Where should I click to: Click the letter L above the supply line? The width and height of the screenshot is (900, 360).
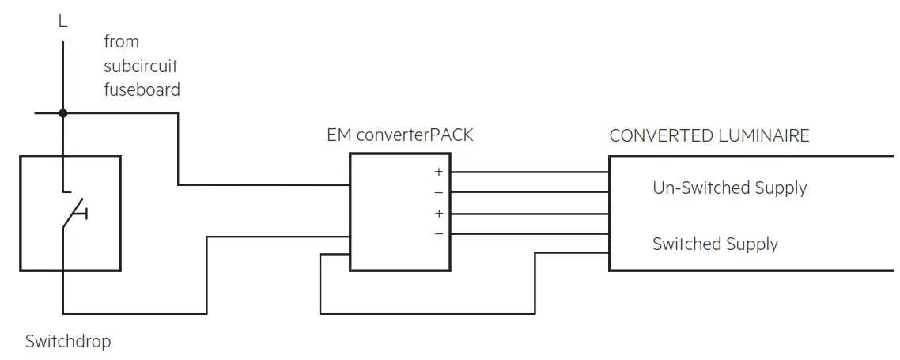click(x=63, y=22)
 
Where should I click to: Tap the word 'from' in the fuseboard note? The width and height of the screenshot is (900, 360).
click(x=121, y=42)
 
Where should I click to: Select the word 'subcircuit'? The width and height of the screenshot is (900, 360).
click(x=141, y=66)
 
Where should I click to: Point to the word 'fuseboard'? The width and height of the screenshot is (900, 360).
click(x=142, y=89)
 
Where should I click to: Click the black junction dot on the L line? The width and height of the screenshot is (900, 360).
click(x=63, y=113)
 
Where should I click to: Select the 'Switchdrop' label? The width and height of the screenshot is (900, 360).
click(x=68, y=342)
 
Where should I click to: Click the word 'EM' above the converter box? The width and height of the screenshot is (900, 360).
click(x=338, y=135)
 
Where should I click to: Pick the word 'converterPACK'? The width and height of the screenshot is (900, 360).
click(x=414, y=135)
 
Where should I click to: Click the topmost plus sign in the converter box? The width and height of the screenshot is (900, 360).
click(x=438, y=172)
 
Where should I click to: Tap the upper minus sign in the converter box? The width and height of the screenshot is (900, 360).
click(x=438, y=192)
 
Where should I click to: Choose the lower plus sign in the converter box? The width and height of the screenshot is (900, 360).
click(x=438, y=214)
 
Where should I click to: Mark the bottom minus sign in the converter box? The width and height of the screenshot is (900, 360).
click(x=438, y=234)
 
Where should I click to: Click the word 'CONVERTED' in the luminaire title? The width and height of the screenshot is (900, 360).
click(x=660, y=135)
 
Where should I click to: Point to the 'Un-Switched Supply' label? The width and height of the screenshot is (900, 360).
click(x=729, y=188)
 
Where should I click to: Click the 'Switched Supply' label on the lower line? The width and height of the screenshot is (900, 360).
click(x=715, y=244)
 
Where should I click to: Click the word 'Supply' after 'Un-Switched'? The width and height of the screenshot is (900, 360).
click(x=781, y=189)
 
